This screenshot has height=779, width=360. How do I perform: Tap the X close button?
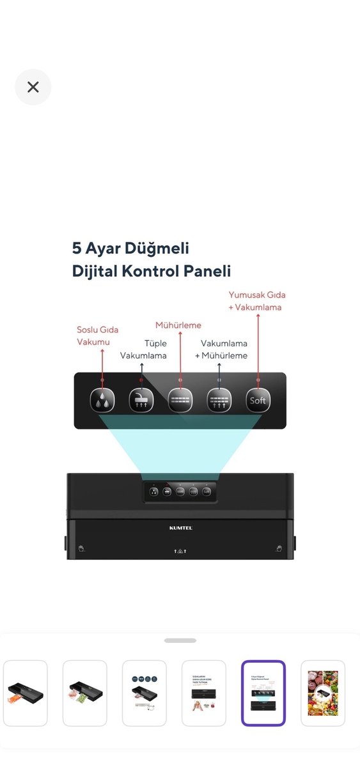tap(33, 87)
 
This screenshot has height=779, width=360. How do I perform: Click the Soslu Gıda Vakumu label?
tap(97, 336)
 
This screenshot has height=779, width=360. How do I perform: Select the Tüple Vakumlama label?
tap(144, 350)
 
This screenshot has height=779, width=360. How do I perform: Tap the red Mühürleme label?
tap(178, 325)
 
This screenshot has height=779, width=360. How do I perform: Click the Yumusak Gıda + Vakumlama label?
tap(257, 301)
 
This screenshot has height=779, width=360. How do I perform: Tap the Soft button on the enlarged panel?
tap(257, 401)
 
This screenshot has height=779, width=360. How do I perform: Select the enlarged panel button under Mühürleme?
tap(180, 401)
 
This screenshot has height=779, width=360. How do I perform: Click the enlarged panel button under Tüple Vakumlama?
tap(141, 401)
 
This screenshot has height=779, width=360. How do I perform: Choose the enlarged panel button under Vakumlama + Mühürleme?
tap(219, 401)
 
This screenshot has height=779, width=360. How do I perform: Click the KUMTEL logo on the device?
tap(180, 528)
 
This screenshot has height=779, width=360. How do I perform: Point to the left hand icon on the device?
tap(81, 548)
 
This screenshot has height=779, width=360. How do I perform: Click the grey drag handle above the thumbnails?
tap(180, 640)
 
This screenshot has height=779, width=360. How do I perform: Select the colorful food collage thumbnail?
tap(323, 693)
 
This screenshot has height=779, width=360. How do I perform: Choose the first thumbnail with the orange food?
tap(26, 693)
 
